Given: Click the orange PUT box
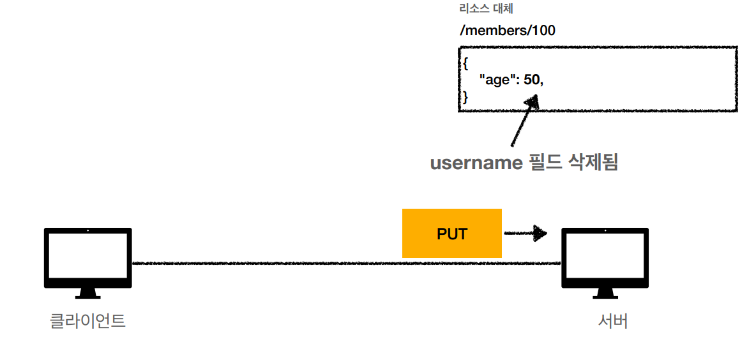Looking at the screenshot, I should [451, 234].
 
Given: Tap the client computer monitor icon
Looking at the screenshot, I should [87, 259].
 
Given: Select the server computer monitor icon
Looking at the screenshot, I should [604, 259].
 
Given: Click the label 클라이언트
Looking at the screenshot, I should [87, 320].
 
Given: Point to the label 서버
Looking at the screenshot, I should [613, 320].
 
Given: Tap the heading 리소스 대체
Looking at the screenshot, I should [486, 10].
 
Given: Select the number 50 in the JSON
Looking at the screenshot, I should [531, 80].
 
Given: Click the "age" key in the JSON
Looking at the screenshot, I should [499, 80].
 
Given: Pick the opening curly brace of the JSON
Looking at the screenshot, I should [465, 63].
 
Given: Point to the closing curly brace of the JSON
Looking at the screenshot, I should [465, 97].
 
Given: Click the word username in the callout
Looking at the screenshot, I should [476, 163].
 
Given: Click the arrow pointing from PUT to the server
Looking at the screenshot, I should [526, 233].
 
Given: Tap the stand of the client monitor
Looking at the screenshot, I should [87, 294].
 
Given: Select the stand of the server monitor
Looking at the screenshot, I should [604, 294].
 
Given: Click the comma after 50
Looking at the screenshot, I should [541, 83].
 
